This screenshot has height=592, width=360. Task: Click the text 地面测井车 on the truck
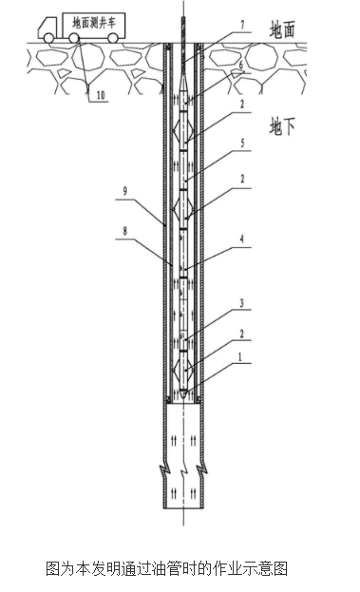(94, 24)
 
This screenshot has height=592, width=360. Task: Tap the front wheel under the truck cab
(48, 38)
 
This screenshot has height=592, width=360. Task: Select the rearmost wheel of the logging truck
(113, 38)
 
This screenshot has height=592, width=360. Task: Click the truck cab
(49, 28)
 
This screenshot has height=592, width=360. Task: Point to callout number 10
(101, 95)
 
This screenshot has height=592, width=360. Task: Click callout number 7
(242, 25)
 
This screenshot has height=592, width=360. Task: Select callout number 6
(241, 65)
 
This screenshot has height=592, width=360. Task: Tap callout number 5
(242, 143)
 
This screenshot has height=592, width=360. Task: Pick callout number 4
(242, 239)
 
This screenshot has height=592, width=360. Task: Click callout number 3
(242, 303)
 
